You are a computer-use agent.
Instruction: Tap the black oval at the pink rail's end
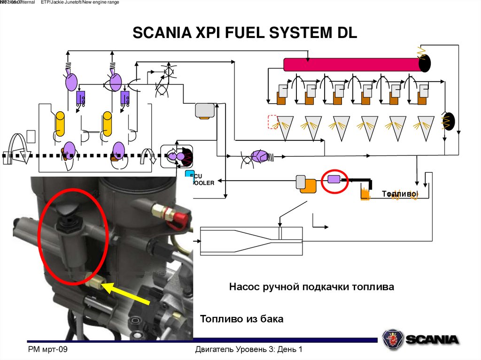[425, 63]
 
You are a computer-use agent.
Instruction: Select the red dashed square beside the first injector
[273, 122]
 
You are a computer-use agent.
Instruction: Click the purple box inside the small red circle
[334, 178]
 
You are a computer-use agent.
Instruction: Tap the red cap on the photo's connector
[180, 215]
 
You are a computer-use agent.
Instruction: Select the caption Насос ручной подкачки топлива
[311, 286]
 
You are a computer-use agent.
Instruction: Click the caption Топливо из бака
[242, 319]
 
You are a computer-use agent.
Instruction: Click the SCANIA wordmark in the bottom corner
[432, 339]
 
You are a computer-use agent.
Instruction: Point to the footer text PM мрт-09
[48, 350]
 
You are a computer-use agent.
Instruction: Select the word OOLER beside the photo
[203, 183]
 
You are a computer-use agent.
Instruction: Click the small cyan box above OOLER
[189, 175]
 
